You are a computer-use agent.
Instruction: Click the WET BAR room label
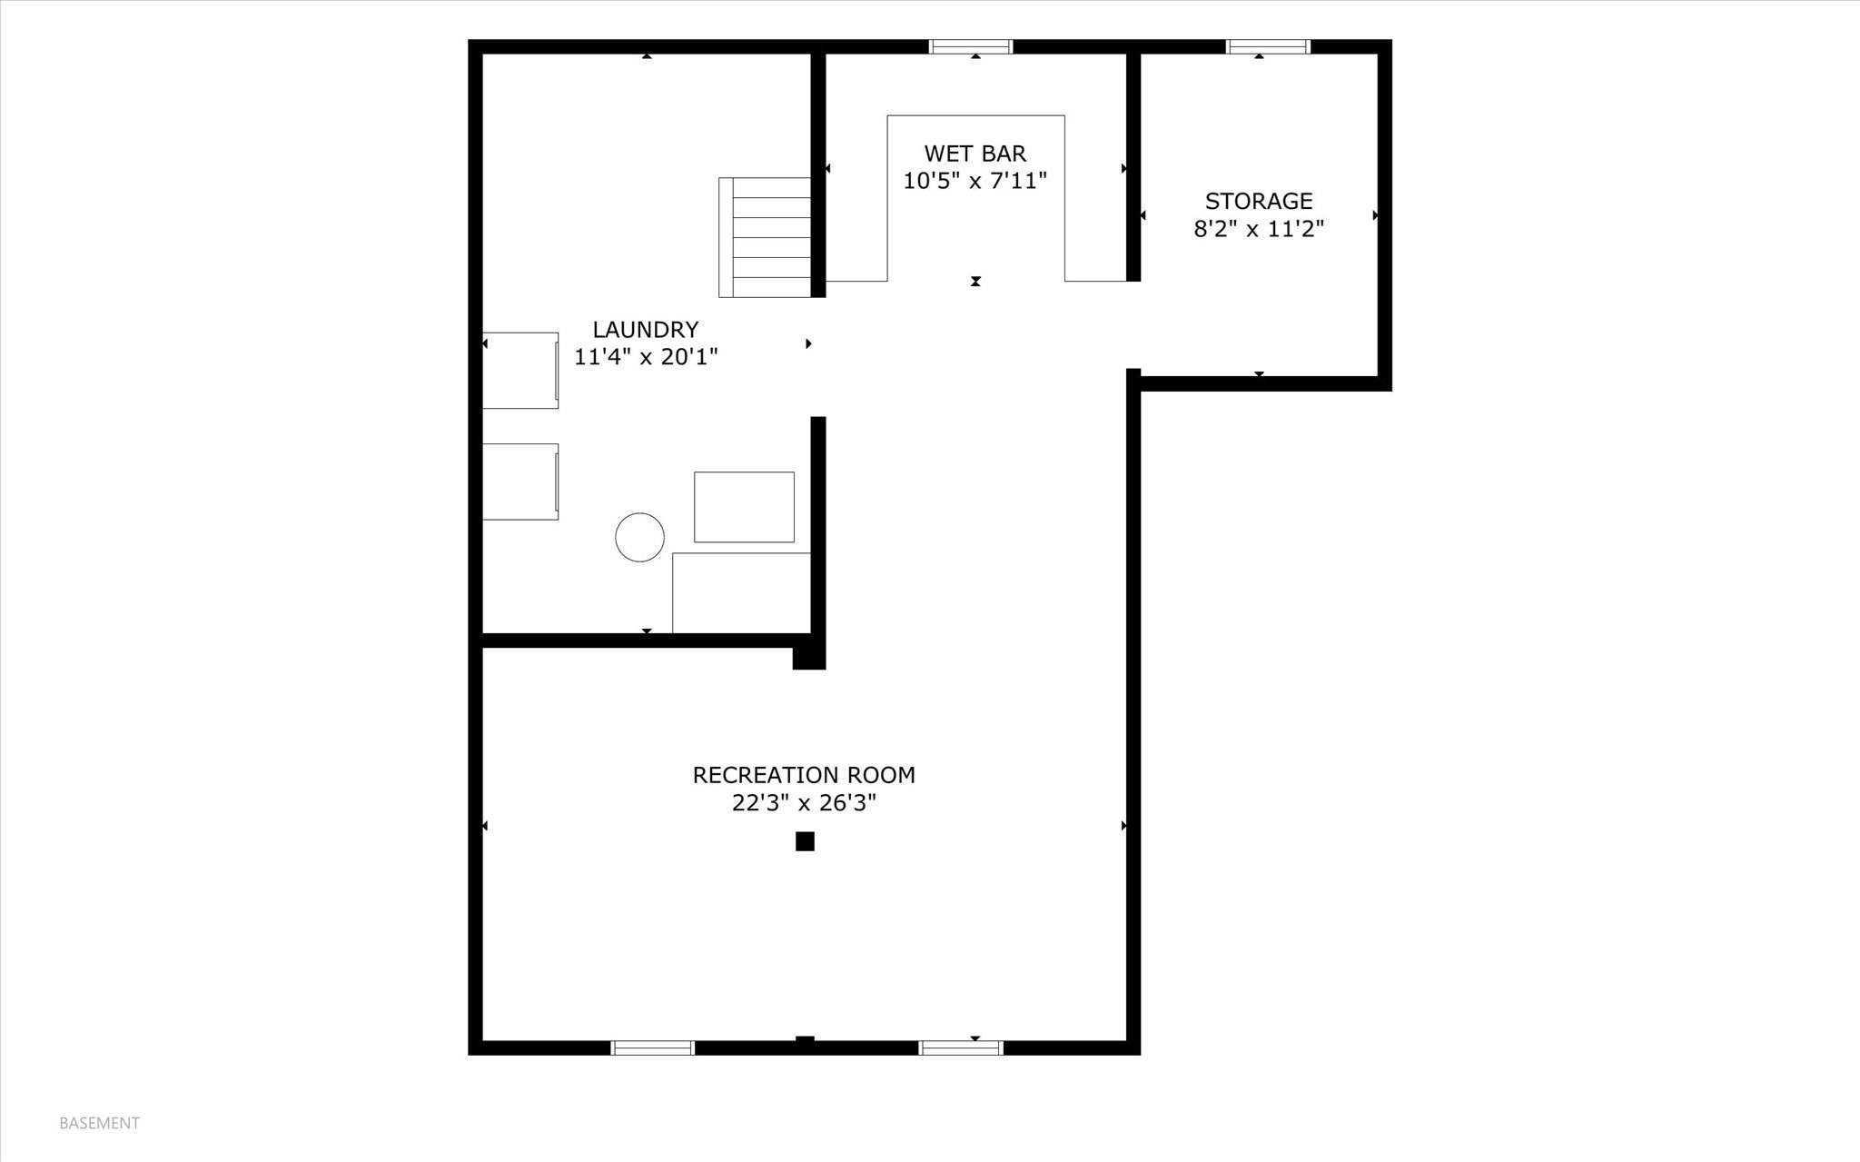[x=975, y=154]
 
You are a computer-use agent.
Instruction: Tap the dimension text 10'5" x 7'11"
[x=975, y=181]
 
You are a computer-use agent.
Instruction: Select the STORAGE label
[x=1258, y=201]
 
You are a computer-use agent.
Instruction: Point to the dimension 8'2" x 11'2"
[x=1258, y=228]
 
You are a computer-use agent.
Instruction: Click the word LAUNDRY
[x=645, y=330]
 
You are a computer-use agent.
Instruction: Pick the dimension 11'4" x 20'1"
[x=645, y=357]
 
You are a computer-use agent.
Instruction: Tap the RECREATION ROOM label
[x=803, y=775]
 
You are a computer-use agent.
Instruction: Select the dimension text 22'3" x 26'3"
[x=803, y=803]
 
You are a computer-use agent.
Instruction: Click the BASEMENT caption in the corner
[x=99, y=1123]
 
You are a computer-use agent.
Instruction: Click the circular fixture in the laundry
[x=639, y=537]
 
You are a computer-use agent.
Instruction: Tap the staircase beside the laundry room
[x=765, y=237]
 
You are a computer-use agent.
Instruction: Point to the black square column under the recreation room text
[x=804, y=841]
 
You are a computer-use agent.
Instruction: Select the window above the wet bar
[x=970, y=46]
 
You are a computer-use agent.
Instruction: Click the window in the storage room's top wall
[x=1268, y=46]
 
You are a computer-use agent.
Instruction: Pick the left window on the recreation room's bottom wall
[x=652, y=1048]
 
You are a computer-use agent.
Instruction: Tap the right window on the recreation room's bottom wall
[x=960, y=1048]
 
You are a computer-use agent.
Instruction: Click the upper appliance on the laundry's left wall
[x=519, y=370]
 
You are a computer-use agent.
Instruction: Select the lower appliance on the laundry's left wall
[x=519, y=482]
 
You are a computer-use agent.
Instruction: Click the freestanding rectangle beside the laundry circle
[x=744, y=507]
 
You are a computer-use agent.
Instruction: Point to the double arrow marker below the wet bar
[x=975, y=282]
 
